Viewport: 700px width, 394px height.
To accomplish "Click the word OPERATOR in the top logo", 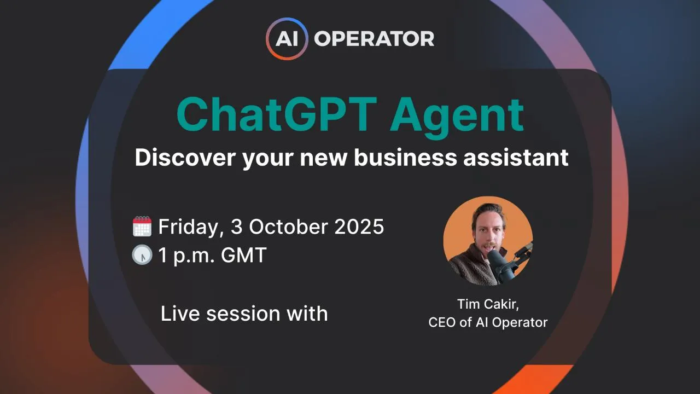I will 375,39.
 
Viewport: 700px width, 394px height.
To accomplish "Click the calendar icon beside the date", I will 142,227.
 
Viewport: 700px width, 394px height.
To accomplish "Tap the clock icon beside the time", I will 142,255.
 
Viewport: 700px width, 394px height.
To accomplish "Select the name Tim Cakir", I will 486,304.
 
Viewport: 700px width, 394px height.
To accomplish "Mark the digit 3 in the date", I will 235,227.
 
